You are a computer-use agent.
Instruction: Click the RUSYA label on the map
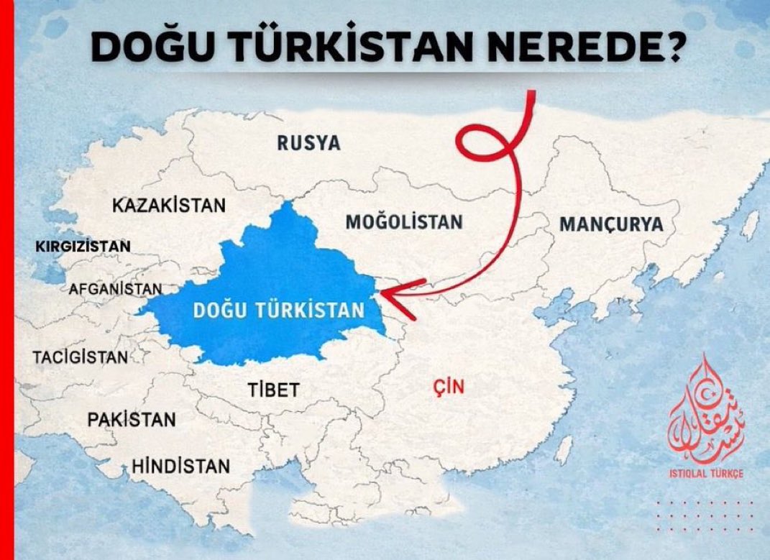coord(308,143)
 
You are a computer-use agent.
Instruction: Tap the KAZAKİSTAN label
coord(169,206)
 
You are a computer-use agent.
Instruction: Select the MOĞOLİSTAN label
coord(403,221)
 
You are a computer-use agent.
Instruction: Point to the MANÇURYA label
coord(610,224)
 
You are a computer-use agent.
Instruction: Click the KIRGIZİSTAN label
coord(83,247)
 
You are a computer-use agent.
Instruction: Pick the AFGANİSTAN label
coord(115,289)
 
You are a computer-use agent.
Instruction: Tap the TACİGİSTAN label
coord(81,357)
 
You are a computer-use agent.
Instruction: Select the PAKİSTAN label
coord(132,419)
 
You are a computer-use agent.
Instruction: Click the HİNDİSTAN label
coord(180,466)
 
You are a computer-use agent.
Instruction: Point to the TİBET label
coord(272,390)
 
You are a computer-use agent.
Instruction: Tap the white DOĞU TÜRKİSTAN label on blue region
coord(279,311)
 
